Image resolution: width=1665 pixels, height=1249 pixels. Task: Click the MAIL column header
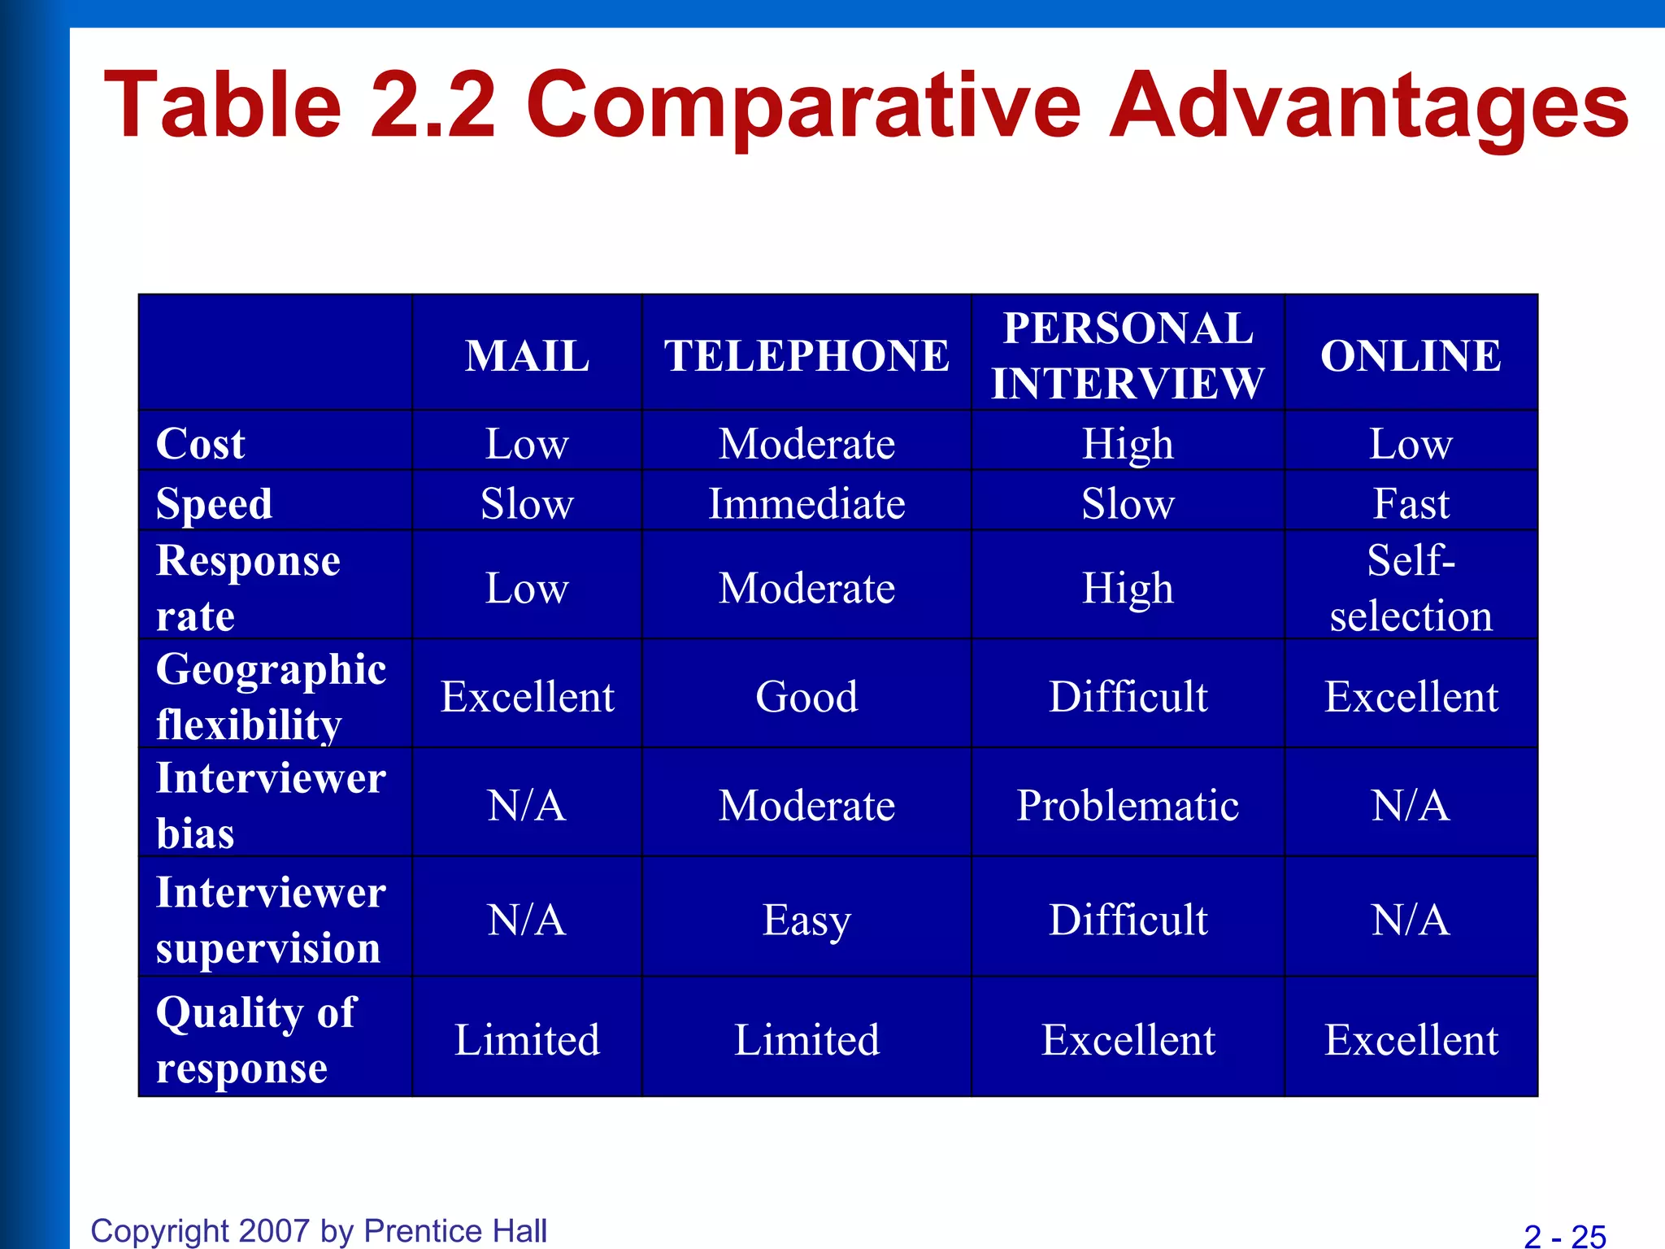point(527,356)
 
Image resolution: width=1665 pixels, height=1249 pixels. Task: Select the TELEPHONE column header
point(806,356)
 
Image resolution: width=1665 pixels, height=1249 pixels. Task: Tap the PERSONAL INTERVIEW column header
point(1128,355)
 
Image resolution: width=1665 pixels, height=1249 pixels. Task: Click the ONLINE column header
point(1411,356)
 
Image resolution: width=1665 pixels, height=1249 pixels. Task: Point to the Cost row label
point(200,444)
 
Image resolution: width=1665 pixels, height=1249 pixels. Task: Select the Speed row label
point(214,503)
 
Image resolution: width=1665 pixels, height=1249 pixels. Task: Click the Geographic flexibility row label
point(271,696)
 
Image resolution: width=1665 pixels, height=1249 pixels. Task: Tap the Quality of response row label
point(255,1039)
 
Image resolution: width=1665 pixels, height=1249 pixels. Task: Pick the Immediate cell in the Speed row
point(806,503)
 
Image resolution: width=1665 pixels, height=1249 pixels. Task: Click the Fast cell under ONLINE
point(1411,503)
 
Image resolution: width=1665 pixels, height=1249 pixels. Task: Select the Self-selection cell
point(1411,588)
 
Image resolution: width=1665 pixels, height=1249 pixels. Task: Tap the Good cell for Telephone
point(806,697)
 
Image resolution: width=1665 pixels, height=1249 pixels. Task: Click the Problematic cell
point(1128,806)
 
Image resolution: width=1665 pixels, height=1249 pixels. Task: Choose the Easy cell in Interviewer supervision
point(806,920)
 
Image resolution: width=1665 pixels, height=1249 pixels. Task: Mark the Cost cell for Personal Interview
point(1128,444)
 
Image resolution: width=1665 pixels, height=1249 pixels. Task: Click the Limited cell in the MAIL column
point(527,1040)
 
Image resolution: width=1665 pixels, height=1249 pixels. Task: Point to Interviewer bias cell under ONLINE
point(1411,806)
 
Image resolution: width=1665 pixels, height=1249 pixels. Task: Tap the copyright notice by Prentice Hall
point(319,1231)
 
